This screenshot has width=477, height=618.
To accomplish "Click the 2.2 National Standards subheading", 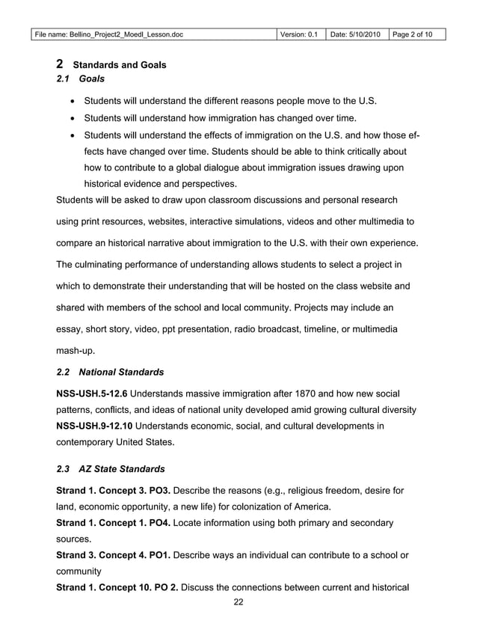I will coord(111,372).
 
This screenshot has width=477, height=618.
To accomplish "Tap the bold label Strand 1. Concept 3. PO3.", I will coord(114,491).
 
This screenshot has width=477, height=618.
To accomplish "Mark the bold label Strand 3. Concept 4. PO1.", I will coord(114,555).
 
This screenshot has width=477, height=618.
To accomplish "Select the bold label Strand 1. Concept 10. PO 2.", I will coord(118,587).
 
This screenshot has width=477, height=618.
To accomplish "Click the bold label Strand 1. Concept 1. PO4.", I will coord(114,523).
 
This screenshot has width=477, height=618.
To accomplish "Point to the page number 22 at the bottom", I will coord(238,604).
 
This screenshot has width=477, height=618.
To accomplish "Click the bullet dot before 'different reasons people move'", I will coord(70,101).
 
